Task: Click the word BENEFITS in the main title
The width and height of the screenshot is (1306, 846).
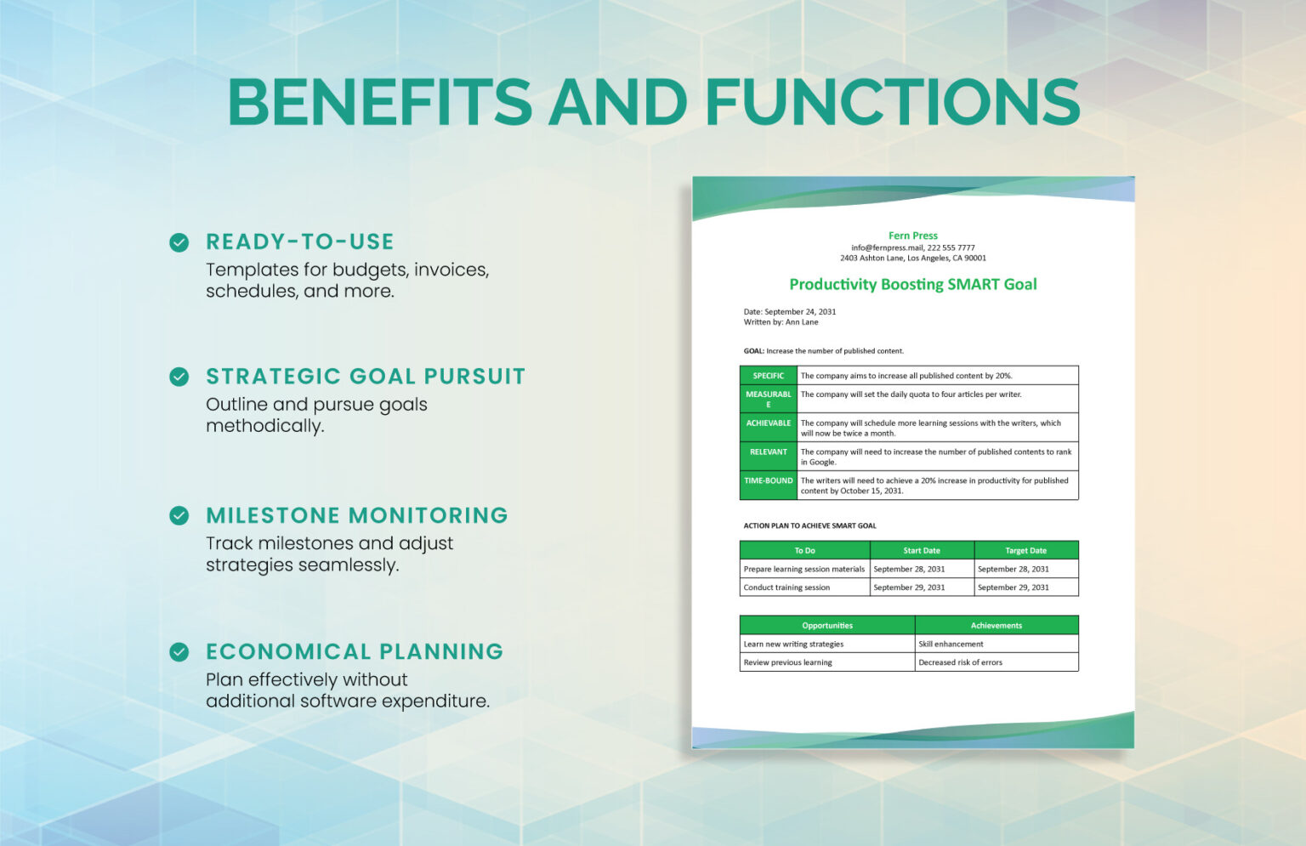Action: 379,103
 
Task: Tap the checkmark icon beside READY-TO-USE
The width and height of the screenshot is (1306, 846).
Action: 179,242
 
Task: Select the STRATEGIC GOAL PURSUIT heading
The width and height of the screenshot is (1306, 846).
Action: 366,377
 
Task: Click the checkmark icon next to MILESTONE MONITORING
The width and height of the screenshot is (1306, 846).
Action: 179,515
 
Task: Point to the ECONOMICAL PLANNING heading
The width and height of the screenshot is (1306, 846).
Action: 355,652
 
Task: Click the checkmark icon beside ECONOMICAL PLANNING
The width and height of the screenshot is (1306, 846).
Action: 179,652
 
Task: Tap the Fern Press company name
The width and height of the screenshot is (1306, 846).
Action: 912,236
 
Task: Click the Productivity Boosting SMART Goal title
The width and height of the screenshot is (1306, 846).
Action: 912,285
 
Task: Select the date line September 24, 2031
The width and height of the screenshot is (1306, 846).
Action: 789,312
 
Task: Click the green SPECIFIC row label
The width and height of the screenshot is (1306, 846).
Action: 768,376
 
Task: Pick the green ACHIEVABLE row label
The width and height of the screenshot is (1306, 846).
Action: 768,423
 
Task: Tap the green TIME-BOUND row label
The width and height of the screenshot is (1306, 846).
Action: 768,481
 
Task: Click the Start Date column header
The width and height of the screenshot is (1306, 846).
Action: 922,551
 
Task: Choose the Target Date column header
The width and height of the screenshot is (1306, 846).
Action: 1025,551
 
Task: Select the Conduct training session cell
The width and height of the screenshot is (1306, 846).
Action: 786,588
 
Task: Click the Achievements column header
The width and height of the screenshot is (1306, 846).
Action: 997,626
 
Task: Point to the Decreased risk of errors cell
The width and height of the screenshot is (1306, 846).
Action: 960,662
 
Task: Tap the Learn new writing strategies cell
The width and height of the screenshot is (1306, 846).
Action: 793,644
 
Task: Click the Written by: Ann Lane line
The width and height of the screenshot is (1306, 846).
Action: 781,322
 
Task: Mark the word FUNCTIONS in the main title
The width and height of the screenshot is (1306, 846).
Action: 892,103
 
